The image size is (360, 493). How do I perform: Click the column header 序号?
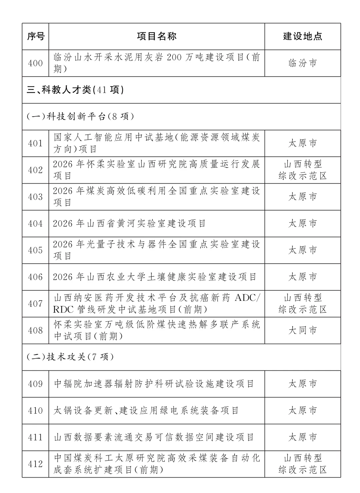[36, 36]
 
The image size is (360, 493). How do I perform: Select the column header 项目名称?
[157, 36]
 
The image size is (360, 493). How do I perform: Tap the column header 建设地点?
[303, 36]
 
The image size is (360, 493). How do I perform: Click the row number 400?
[36, 63]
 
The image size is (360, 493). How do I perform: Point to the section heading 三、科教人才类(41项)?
[75, 90]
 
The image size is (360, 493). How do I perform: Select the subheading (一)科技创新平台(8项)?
[80, 117]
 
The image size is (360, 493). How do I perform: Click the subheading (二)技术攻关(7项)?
[70, 357]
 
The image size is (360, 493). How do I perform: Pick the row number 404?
[36, 224]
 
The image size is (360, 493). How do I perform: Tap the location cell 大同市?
[303, 330]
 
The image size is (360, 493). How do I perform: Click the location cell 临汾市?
[303, 63]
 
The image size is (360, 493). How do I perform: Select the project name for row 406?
[155, 277]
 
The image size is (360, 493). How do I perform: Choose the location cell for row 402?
[303, 170]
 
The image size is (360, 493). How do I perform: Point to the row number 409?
[36, 384]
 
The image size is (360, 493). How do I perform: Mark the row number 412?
[36, 464]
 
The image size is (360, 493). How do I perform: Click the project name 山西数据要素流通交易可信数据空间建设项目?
[154, 437]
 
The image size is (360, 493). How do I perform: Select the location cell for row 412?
[303, 464]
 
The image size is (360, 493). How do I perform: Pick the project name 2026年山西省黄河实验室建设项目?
[130, 224]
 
